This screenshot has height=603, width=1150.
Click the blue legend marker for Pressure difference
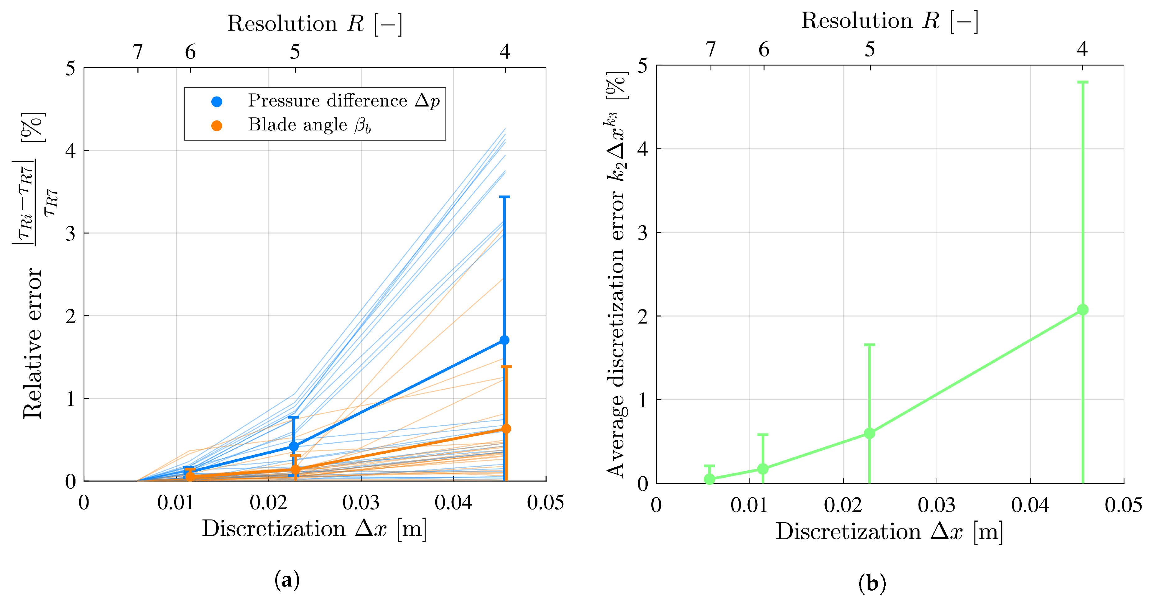coord(217,102)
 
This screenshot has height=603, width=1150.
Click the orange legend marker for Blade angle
coord(217,126)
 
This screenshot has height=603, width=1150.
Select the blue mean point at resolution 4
coord(504,340)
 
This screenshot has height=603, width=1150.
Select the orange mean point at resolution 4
coord(506,429)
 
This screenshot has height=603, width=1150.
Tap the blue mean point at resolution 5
coord(294,446)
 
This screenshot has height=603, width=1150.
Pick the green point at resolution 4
coord(1083,310)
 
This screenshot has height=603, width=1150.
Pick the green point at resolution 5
coord(869,433)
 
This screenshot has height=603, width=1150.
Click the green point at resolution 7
coord(710,479)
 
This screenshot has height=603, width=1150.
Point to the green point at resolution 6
coord(763,469)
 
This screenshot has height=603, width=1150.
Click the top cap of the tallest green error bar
coord(1083,82)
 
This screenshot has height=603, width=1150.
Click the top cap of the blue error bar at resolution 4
coord(504,197)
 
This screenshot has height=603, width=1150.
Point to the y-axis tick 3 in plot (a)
coord(71,233)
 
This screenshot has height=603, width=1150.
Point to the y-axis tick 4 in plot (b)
coord(642,149)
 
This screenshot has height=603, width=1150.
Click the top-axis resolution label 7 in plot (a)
coord(138,52)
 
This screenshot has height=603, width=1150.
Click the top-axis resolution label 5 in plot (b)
coord(869,50)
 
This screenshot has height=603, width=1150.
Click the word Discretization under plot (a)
coord(274,529)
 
